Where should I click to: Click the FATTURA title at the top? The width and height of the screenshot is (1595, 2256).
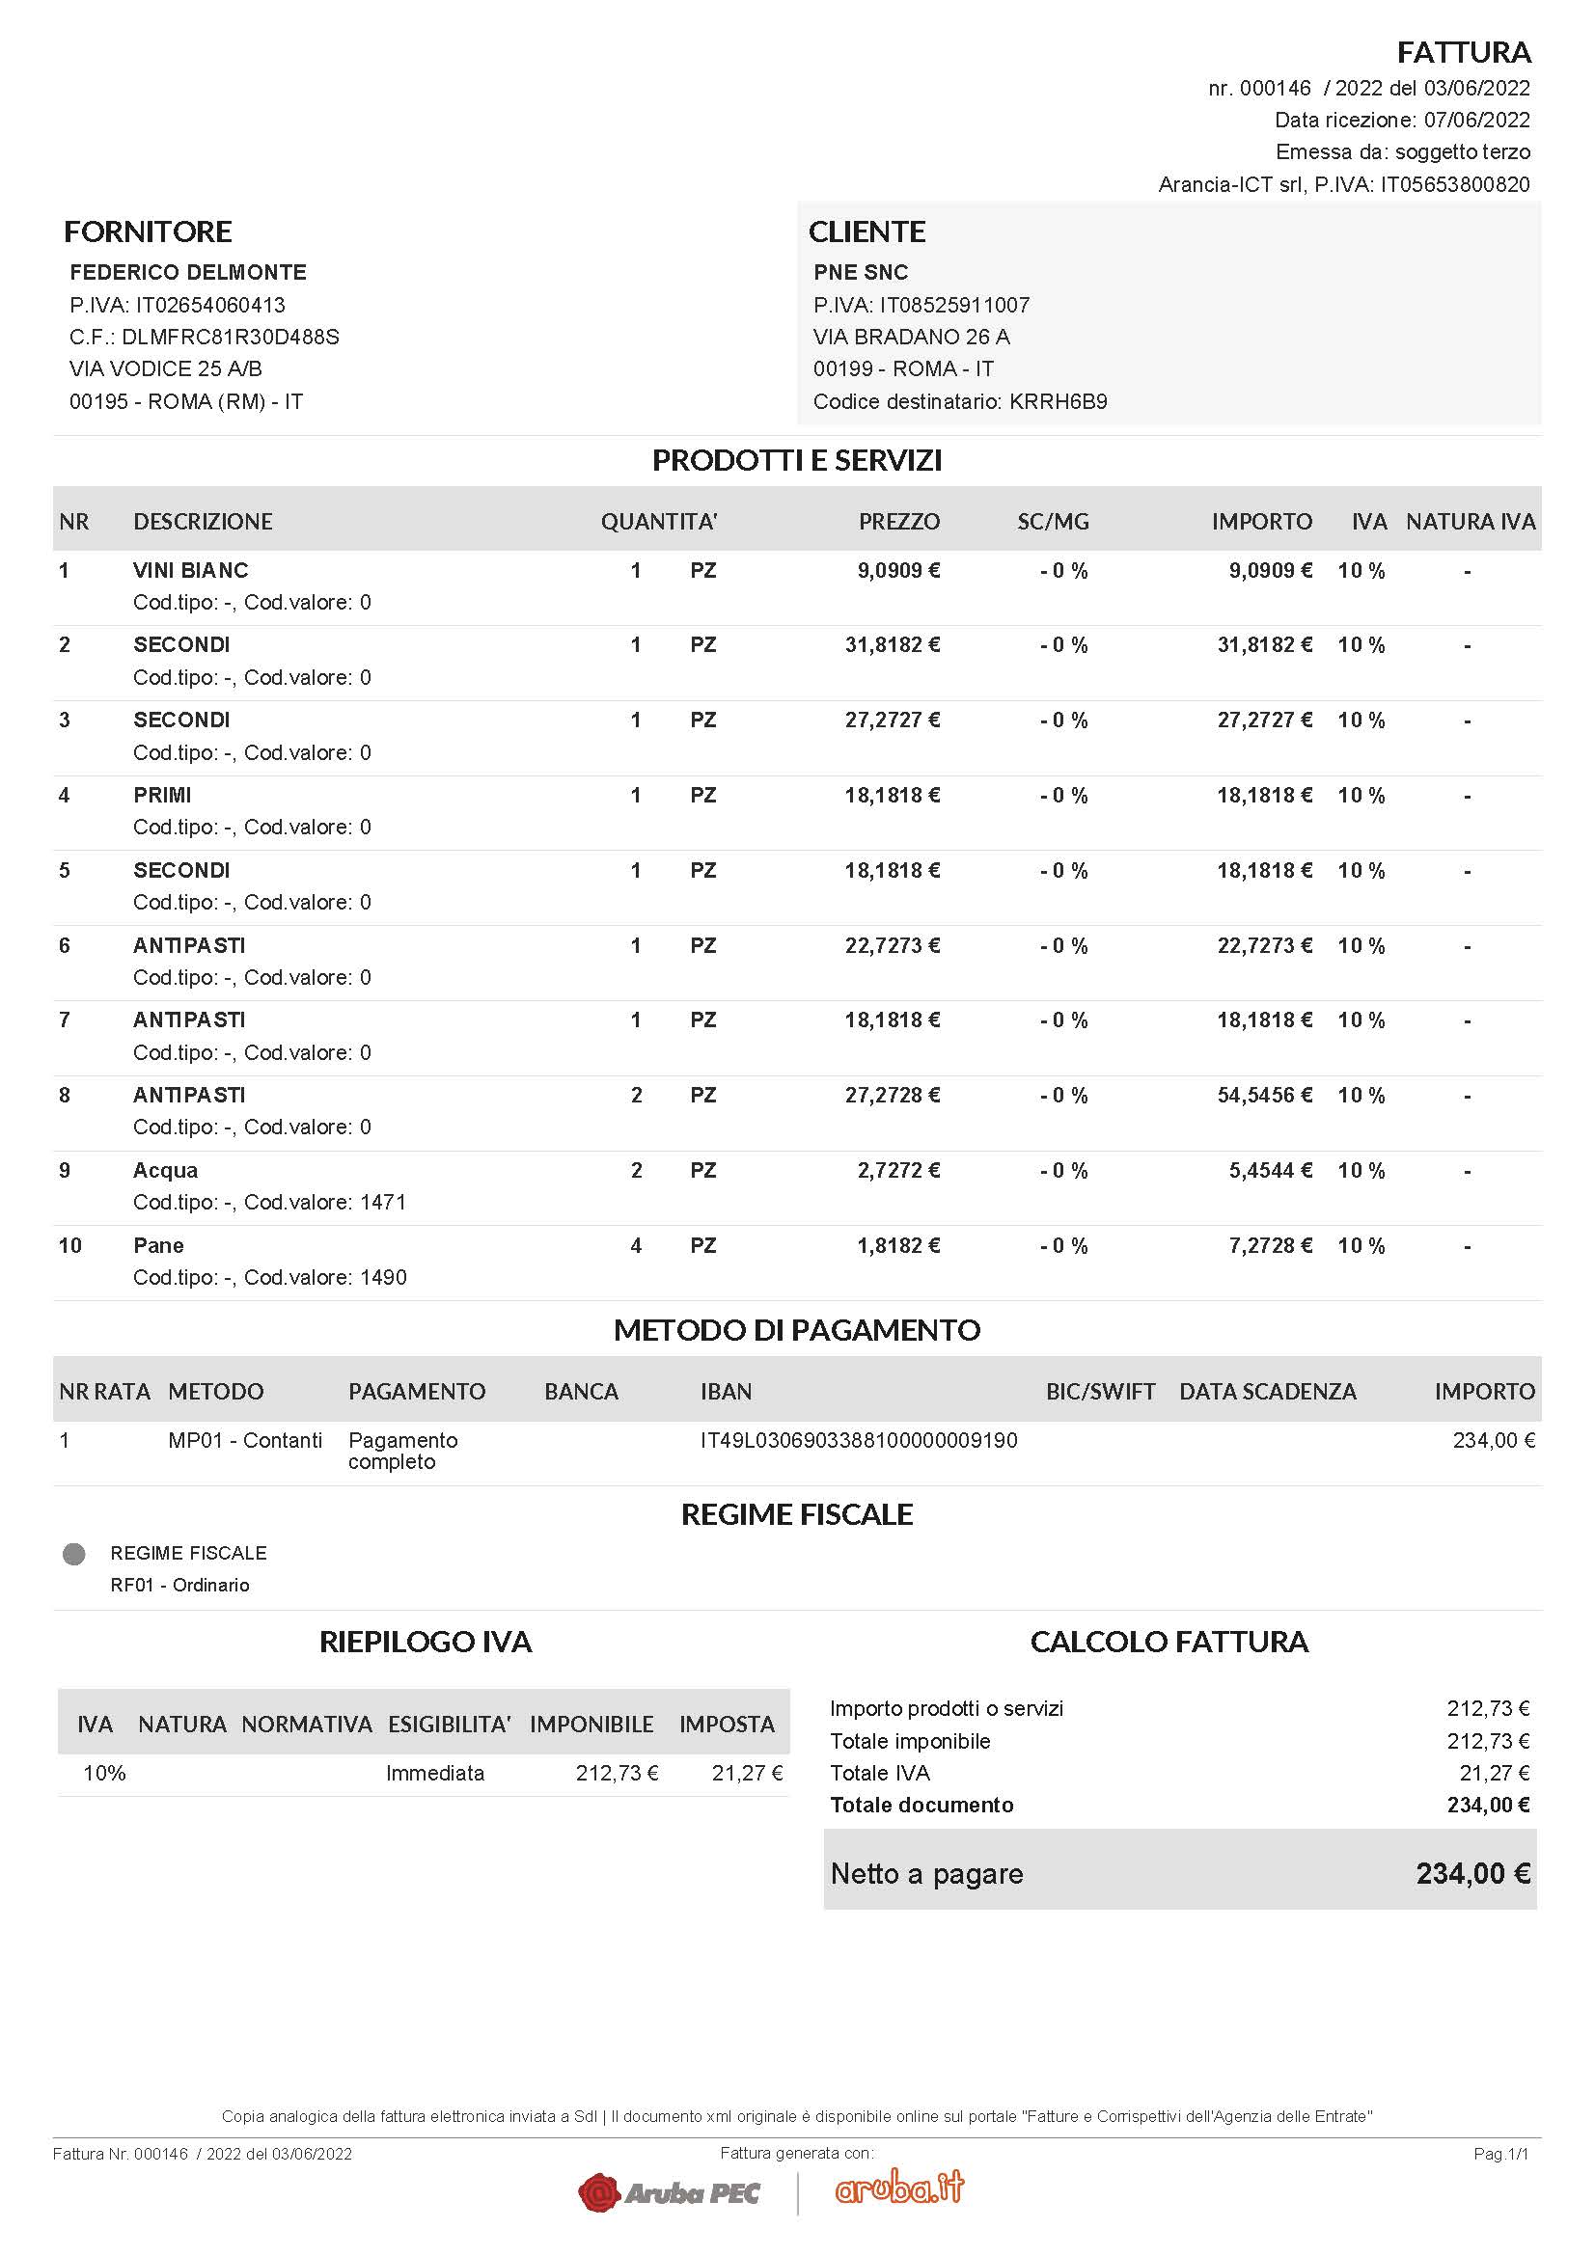click(x=1464, y=52)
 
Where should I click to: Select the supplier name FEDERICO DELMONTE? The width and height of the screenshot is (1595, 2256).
click(x=188, y=272)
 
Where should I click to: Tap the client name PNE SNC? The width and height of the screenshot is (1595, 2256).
click(x=860, y=272)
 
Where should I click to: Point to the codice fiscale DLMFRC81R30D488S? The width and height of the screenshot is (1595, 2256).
click(x=230, y=337)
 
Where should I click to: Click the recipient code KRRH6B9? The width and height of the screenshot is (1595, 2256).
click(x=1058, y=401)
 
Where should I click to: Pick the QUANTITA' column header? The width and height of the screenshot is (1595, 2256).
click(x=658, y=522)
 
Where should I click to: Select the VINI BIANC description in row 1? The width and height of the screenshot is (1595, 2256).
click(x=191, y=570)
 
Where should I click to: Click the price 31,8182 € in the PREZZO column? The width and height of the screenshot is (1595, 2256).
click(x=892, y=644)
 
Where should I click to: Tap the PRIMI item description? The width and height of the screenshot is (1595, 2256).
click(x=162, y=795)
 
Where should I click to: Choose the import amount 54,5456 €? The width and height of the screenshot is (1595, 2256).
click(x=1264, y=1095)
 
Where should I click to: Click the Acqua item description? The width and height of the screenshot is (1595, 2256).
click(x=165, y=1170)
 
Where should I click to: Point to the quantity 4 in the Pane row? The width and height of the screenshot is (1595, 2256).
click(x=636, y=1246)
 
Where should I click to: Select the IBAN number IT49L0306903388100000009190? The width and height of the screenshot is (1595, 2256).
click(x=858, y=1440)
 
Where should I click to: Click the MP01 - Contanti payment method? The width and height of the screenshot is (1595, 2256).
click(x=245, y=1440)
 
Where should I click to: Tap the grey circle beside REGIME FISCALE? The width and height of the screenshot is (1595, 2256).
click(x=73, y=1554)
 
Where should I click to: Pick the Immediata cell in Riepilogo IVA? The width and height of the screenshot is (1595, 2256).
click(x=434, y=1773)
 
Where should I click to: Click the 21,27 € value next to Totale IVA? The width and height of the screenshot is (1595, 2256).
click(x=1494, y=1773)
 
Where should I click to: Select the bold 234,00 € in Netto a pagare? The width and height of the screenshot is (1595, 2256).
click(x=1472, y=1874)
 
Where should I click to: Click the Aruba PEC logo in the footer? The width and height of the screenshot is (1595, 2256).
click(x=670, y=2192)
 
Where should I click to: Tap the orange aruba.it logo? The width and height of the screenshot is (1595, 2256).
click(x=899, y=2188)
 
